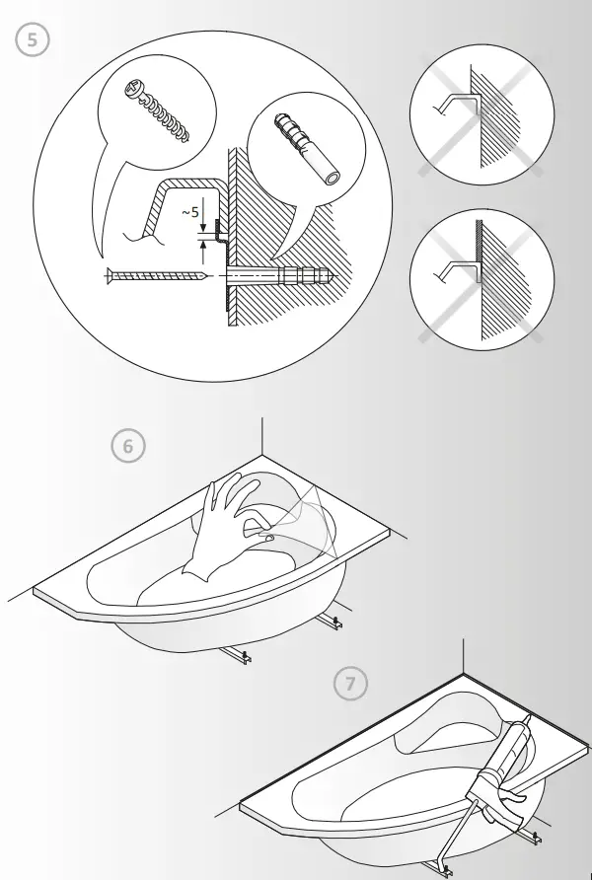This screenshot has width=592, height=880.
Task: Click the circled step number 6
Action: tap(127, 446)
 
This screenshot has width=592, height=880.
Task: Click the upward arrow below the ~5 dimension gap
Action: tap(203, 253)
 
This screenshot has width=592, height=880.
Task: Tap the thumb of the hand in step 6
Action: tap(264, 538)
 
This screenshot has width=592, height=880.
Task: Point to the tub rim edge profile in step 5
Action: tap(178, 197)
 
